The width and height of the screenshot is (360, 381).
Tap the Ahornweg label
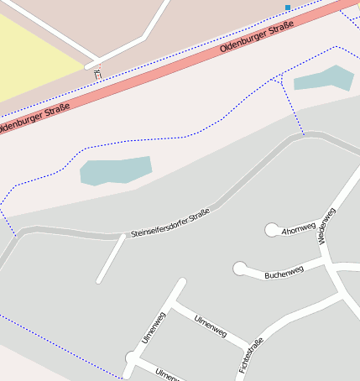coord(300,227)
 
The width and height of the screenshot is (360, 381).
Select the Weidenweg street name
coord(327,226)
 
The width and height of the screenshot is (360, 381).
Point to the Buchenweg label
coord(283,273)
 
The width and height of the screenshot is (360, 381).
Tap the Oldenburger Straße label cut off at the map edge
coord(34,117)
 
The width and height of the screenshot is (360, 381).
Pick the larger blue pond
coord(115,170)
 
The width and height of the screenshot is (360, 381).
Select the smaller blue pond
coord(324,79)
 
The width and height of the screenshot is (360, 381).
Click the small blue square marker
coord(288,8)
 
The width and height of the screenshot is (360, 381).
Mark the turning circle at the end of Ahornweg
coord(272,229)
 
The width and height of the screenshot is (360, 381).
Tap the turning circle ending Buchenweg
coord(240,269)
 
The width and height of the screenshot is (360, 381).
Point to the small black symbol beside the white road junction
coord(97,74)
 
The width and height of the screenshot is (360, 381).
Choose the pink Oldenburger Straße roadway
coord(168,70)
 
